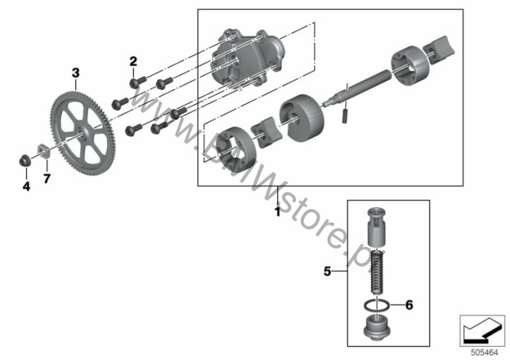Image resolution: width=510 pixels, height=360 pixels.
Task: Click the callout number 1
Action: [x=277, y=212]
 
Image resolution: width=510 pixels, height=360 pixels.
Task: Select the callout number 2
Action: [x=134, y=60]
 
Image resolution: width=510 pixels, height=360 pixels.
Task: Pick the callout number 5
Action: [x=326, y=272]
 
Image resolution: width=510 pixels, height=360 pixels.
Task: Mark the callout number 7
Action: [x=46, y=179]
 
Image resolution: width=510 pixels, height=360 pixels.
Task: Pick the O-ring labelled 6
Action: [x=380, y=304]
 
